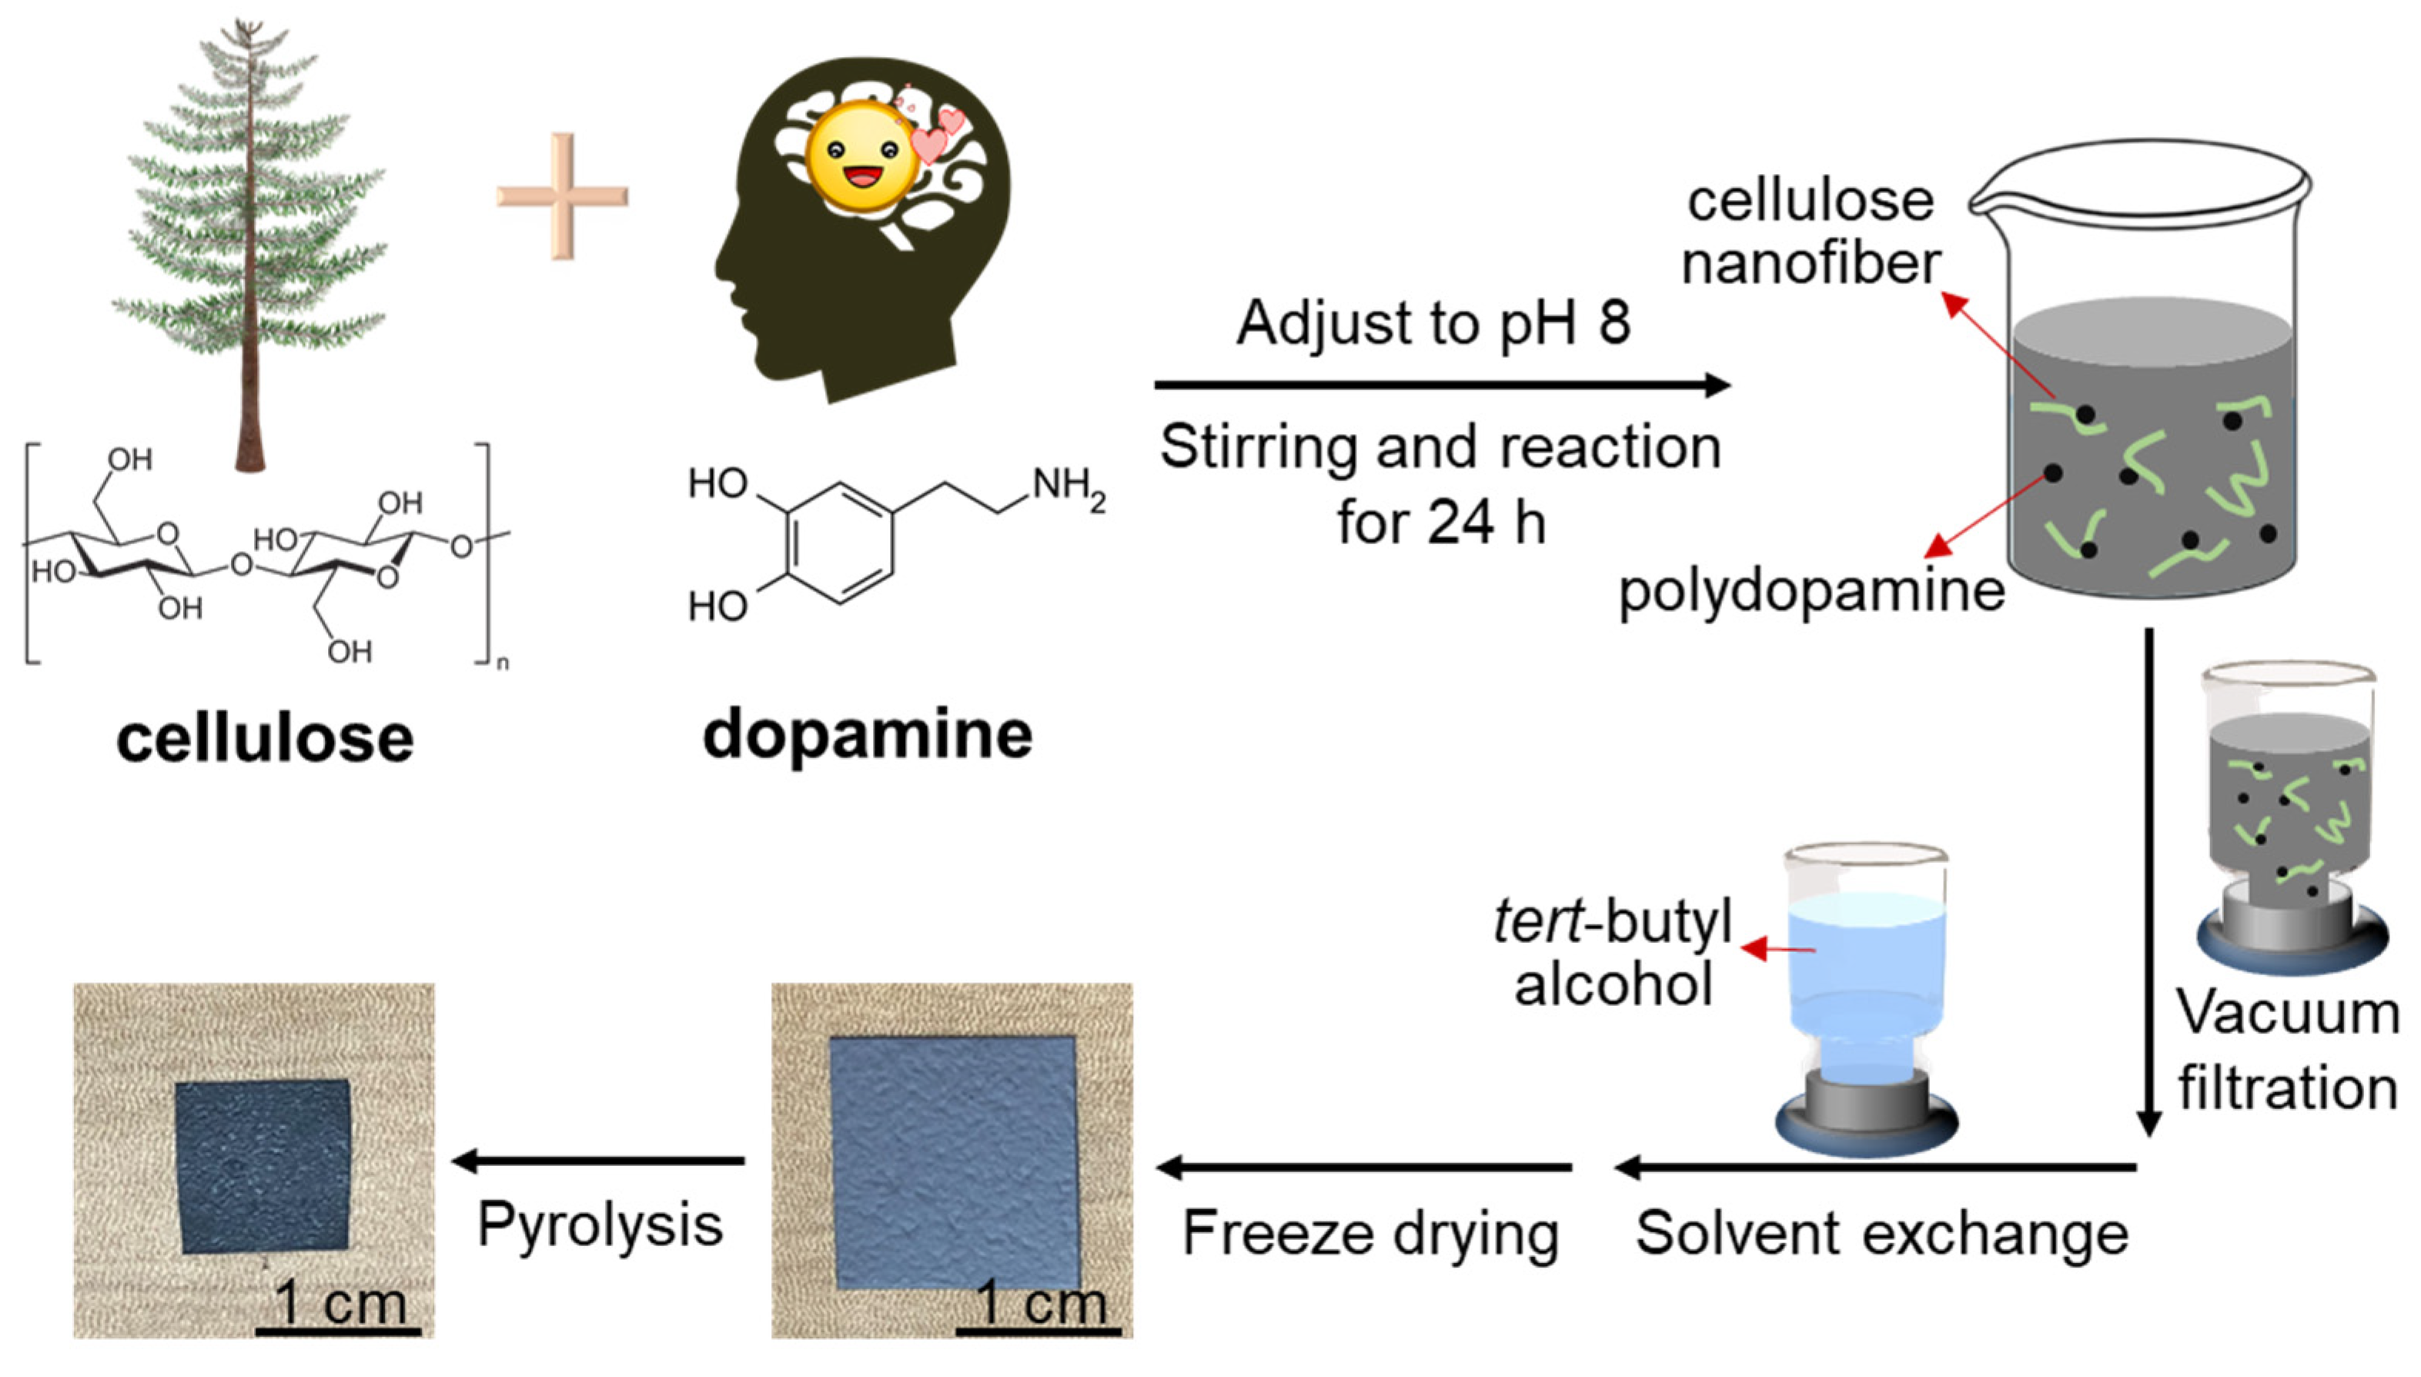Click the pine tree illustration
pos(251,236)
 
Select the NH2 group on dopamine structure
pos(1068,488)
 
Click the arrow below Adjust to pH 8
pos(1441,385)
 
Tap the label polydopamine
pos(1811,592)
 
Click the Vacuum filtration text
pos(2288,1050)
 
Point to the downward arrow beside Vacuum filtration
pos(2148,880)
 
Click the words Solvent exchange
pos(1882,1233)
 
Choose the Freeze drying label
pos(1370,1233)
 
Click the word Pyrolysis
pos(600,1224)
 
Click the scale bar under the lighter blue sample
pos(1038,1332)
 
